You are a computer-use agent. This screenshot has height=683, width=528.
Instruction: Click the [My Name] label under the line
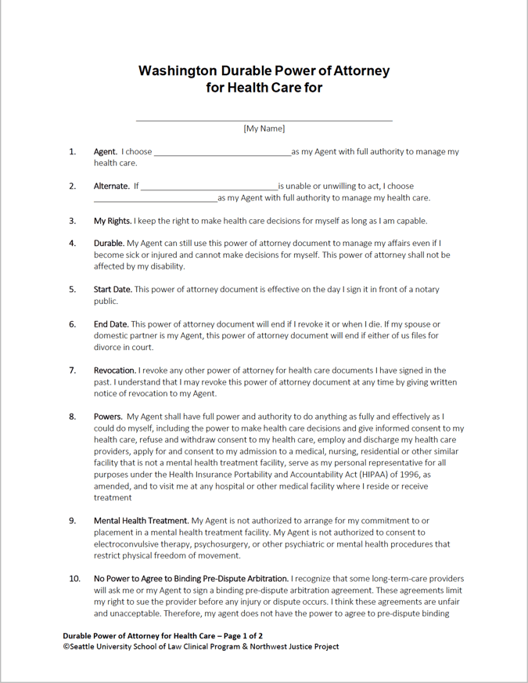[x=264, y=128]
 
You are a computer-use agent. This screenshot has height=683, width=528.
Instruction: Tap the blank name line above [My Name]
[x=264, y=121]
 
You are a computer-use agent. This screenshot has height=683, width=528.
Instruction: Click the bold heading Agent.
[x=106, y=152]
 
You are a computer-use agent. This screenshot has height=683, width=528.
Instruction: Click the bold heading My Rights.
[x=113, y=221]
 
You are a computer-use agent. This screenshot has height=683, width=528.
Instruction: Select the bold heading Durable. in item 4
[x=110, y=244]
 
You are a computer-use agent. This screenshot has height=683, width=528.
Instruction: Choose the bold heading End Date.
[x=111, y=324]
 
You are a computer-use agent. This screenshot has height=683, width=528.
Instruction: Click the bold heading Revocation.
[x=115, y=370]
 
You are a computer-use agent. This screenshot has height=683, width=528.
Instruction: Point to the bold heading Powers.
[x=108, y=417]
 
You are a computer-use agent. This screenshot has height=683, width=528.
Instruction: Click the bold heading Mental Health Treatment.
[x=142, y=521]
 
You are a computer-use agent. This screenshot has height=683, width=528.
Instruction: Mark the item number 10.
[x=74, y=579]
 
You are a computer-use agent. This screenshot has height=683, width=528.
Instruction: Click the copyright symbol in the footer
[x=66, y=648]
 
